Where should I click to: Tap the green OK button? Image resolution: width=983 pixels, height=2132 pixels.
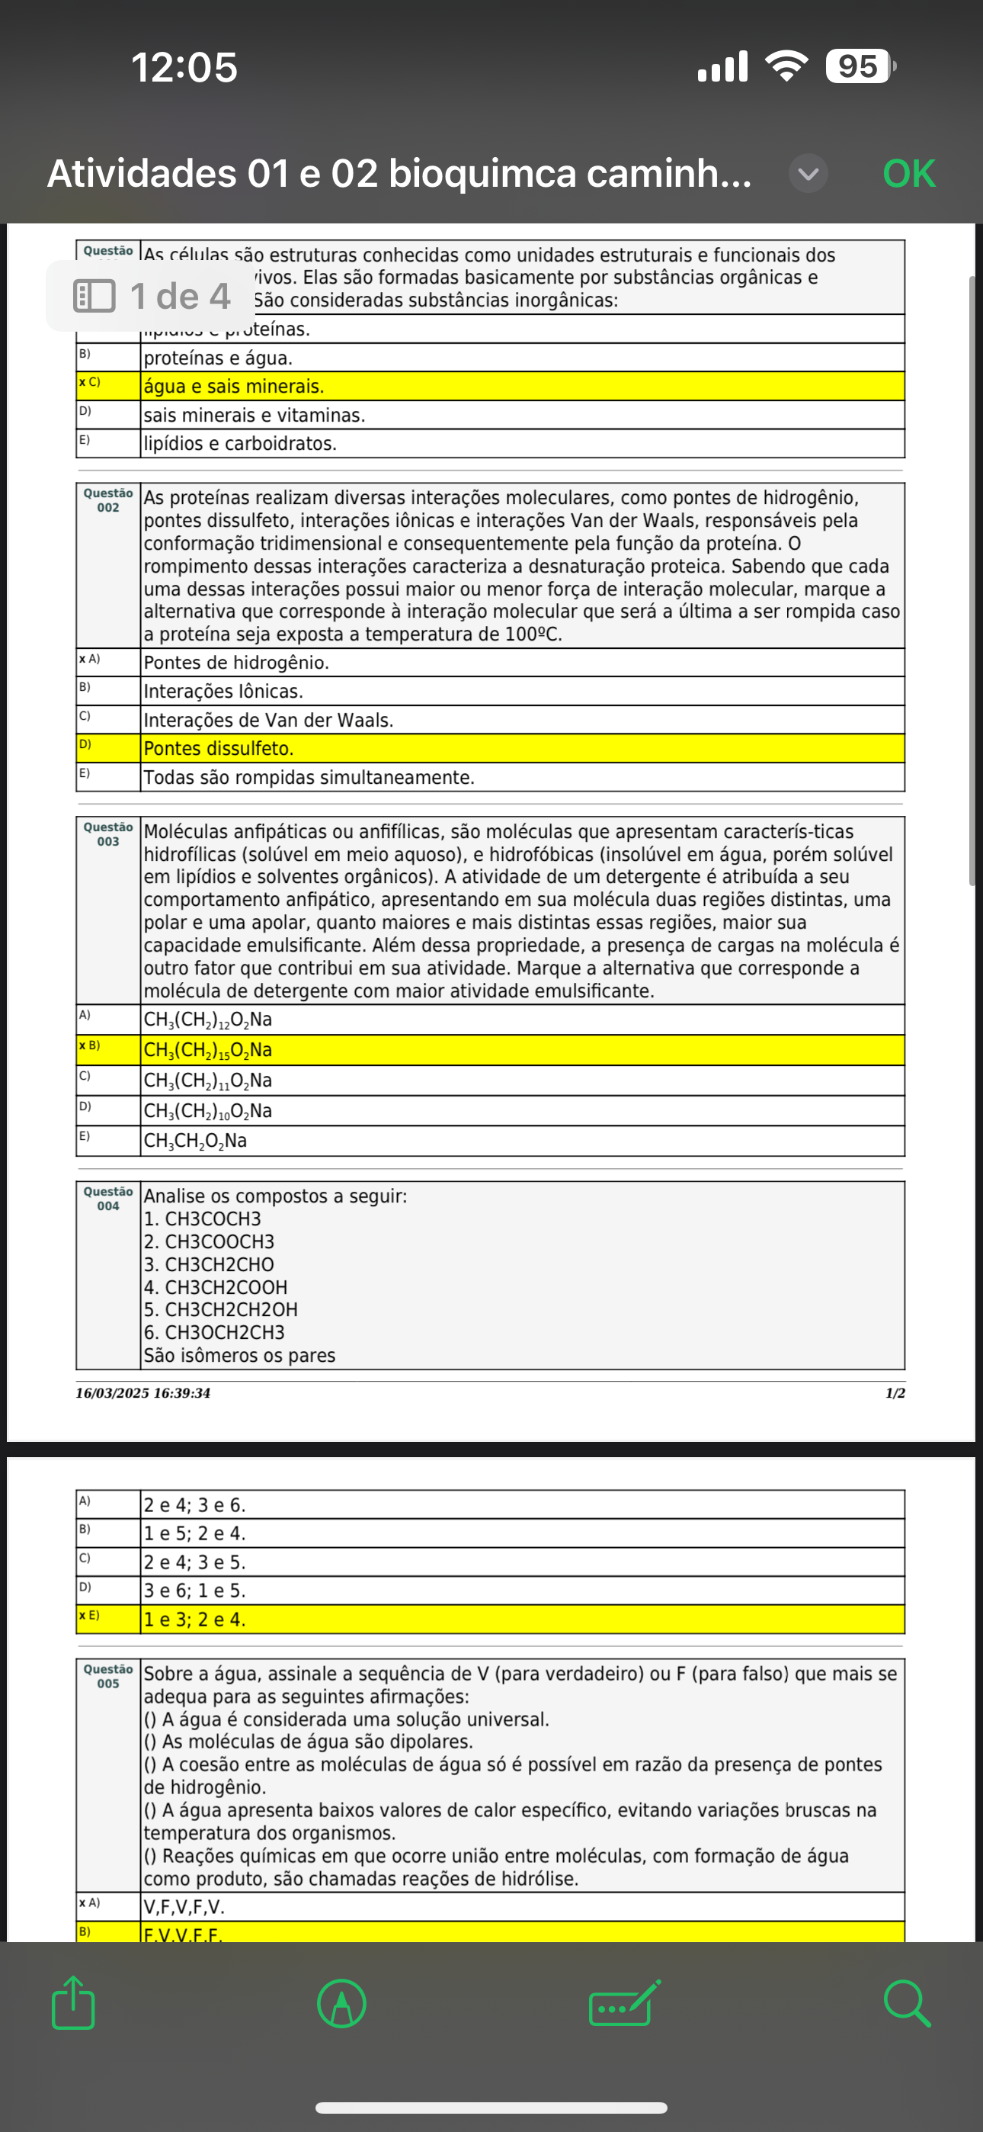click(x=908, y=174)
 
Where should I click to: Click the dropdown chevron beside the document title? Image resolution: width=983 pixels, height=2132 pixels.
click(x=808, y=174)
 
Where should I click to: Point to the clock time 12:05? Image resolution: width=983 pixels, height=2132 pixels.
click(x=184, y=67)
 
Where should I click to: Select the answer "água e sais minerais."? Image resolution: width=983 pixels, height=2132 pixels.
click(x=234, y=387)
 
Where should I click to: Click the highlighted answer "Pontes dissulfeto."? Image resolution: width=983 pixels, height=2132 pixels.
click(x=219, y=749)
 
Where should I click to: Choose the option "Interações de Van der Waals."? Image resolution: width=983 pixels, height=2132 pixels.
click(x=268, y=720)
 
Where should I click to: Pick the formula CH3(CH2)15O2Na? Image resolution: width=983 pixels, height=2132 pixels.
click(x=208, y=1050)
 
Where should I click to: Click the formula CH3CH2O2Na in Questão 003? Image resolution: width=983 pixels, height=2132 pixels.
click(x=195, y=1141)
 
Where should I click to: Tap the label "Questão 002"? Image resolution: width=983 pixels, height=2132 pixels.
click(x=108, y=500)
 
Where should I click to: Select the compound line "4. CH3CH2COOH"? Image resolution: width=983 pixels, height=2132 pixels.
click(x=216, y=1288)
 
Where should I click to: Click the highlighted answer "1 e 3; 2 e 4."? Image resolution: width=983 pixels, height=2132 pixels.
click(x=194, y=1620)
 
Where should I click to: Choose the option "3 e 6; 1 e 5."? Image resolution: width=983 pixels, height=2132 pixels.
click(x=194, y=1591)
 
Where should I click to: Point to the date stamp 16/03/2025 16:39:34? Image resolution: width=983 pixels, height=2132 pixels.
click(x=143, y=1393)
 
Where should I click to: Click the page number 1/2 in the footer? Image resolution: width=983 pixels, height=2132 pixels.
click(x=895, y=1393)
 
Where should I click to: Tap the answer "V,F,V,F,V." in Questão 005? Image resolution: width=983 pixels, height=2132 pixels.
click(x=184, y=1908)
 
